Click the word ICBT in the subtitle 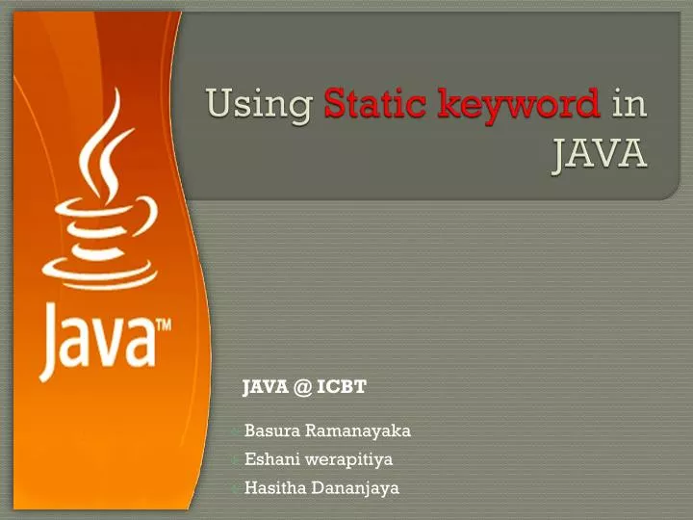(342, 387)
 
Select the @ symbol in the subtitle (301, 387)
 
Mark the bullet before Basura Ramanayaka (236, 431)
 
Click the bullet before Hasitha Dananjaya (236, 489)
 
